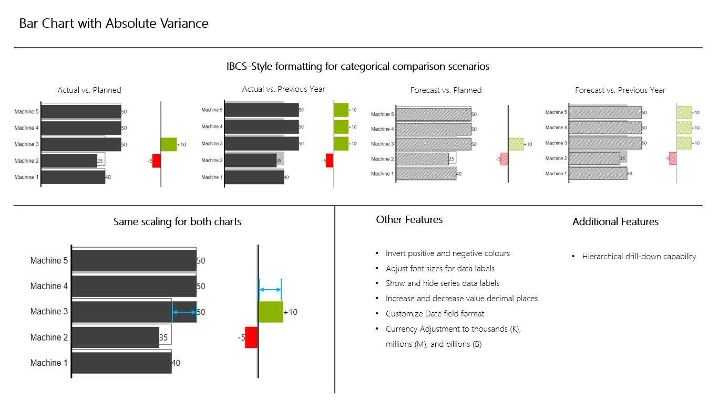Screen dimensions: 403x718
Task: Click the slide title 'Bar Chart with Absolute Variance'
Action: coord(114,24)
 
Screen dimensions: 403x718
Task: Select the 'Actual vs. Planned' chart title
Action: coord(89,90)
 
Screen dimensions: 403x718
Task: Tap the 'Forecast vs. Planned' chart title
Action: coord(446,90)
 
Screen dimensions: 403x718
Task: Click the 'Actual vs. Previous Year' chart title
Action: coord(283,89)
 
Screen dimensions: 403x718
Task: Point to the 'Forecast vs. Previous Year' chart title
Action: coord(620,90)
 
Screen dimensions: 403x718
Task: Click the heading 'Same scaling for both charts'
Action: coord(177,221)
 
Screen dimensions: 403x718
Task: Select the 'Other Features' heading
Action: coord(409,220)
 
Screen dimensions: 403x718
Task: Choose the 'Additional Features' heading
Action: coord(615,222)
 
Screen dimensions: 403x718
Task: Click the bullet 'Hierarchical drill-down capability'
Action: coord(639,257)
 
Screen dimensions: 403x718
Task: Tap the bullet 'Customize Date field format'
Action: coord(435,314)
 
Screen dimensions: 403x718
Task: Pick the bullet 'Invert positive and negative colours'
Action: coord(447,253)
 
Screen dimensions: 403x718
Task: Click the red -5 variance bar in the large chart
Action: coord(251,337)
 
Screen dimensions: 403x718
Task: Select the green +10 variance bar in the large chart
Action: coord(271,312)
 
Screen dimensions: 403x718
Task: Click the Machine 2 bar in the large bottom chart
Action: coord(115,337)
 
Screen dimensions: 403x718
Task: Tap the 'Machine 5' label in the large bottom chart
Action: coord(49,261)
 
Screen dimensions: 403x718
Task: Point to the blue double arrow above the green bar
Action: coord(270,290)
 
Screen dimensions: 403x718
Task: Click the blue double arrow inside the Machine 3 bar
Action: coord(184,313)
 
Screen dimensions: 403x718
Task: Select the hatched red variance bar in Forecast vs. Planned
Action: coord(504,159)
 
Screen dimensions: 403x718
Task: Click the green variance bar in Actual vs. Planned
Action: coord(169,144)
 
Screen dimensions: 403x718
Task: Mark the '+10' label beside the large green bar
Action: coord(291,312)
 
